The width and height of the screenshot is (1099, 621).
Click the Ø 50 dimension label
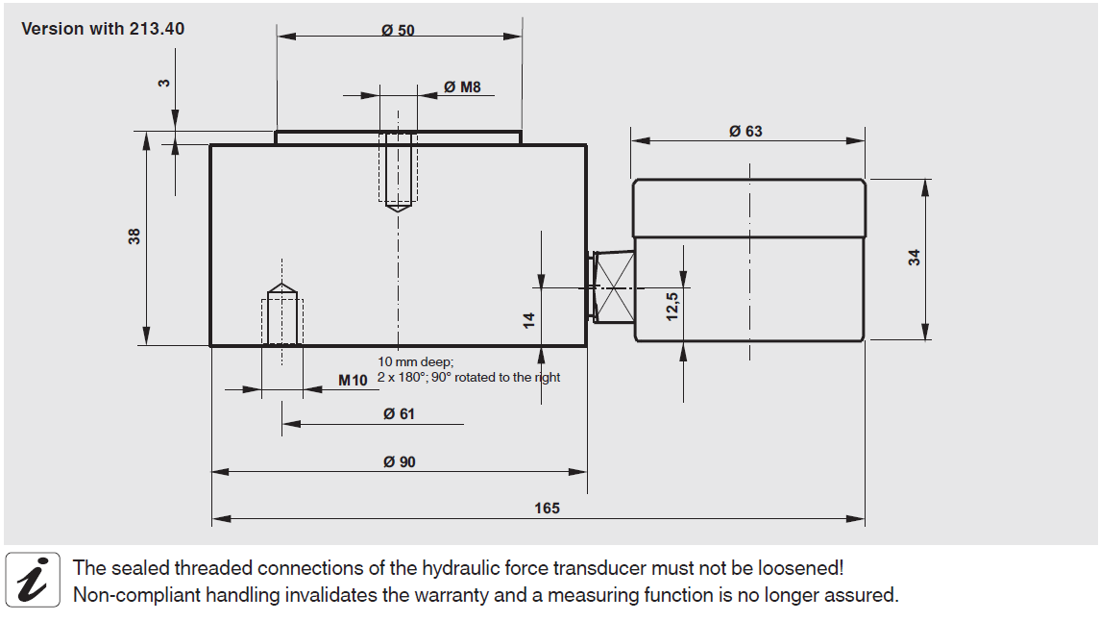[x=398, y=30]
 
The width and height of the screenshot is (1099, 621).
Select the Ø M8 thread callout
[x=462, y=87]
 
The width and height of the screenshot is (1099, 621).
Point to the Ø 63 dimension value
[x=745, y=131]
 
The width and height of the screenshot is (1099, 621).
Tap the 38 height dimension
[x=134, y=236]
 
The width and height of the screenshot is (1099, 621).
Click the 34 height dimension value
[x=915, y=258]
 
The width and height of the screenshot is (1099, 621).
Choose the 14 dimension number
[x=528, y=319]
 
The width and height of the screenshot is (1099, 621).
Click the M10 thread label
[x=353, y=380]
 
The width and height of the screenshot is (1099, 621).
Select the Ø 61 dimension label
[x=399, y=413]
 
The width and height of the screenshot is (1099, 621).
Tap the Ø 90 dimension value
[x=399, y=461]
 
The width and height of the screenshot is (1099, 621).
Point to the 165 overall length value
[x=547, y=508]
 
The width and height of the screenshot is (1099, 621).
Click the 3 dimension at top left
[x=164, y=84]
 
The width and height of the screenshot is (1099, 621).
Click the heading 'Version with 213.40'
[x=103, y=29]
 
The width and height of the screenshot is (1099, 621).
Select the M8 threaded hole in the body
[x=398, y=169]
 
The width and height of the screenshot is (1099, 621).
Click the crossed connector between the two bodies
[x=614, y=286]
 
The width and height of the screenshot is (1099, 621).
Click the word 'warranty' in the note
[x=455, y=595]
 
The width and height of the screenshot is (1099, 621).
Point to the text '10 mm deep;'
[x=415, y=361]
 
